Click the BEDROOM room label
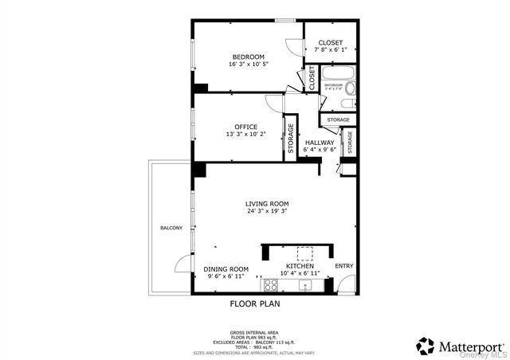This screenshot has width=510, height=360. [248, 57]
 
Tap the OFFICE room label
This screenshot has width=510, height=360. [245, 127]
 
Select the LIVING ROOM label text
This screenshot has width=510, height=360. [266, 204]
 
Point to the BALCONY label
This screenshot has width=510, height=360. [171, 229]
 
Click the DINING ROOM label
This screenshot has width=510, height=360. [226, 268]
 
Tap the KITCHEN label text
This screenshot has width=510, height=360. [305, 266]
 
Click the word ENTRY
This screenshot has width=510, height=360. [343, 266]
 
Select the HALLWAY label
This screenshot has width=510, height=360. [320, 143]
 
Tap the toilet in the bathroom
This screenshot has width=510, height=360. [346, 103]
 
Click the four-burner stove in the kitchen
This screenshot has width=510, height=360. [270, 284]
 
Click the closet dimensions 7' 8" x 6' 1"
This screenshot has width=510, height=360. [330, 50]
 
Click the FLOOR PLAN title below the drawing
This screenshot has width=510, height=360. [255, 303]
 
